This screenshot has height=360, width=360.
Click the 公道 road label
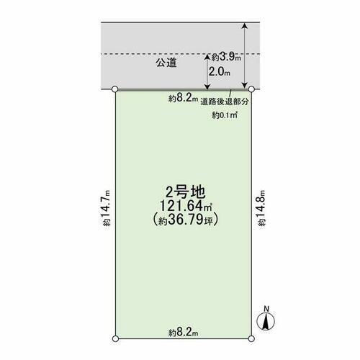point(166,63)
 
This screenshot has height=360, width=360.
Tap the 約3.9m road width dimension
point(226,58)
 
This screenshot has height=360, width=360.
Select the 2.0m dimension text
point(220,71)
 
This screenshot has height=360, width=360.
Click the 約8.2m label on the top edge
point(183,98)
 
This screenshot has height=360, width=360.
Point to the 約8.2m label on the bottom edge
point(183,333)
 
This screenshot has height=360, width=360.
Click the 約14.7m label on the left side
point(107,208)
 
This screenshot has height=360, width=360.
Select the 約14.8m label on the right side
point(261,208)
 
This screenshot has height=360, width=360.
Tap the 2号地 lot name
point(186,192)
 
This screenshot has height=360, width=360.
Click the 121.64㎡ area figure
point(186,205)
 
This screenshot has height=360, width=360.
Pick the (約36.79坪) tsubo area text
point(186,219)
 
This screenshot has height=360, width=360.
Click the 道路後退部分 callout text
point(225,102)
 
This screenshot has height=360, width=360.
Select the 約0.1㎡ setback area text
point(225,115)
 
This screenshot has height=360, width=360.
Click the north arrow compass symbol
point(266,322)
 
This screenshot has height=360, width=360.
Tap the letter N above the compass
point(266,309)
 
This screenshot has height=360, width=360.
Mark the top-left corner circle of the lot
point(115,89)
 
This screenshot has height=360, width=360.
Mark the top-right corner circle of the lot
point(251,89)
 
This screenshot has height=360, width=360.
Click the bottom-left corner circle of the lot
point(115,338)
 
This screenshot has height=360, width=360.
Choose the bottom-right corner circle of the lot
point(251,338)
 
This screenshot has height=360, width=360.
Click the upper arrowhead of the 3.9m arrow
point(244,25)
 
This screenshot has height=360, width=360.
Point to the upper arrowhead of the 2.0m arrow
point(207,57)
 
